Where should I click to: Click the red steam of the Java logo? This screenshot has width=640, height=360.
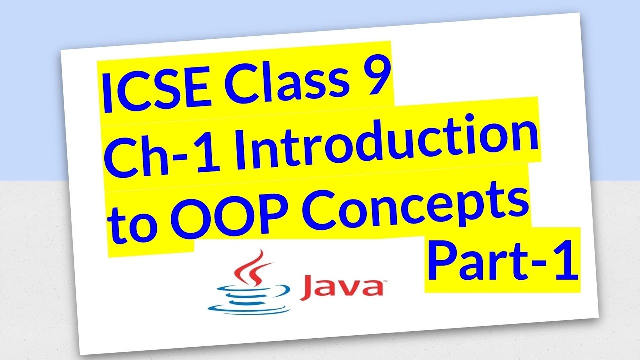click(x=254, y=267)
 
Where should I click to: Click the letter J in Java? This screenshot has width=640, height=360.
click(x=310, y=289)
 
